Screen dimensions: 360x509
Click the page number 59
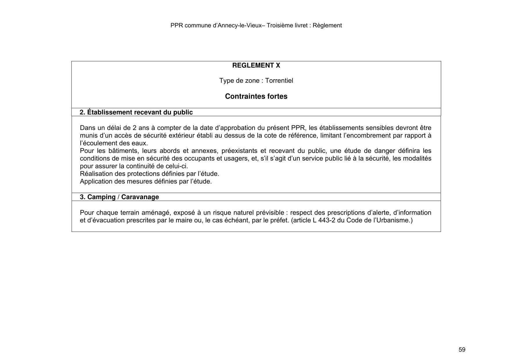tap(462, 350)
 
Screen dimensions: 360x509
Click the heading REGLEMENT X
tap(256, 65)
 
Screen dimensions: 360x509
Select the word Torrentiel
tap(279, 80)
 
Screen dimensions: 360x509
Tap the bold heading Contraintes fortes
tap(256, 96)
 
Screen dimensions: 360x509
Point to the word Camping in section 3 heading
tap(101, 197)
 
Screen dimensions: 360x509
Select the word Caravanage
tap(140, 197)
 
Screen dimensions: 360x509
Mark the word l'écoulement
tap(98, 143)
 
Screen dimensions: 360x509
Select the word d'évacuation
tap(102, 220)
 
